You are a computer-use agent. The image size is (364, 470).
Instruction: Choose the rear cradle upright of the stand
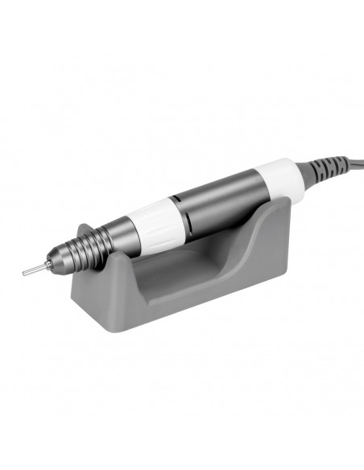click(270, 217)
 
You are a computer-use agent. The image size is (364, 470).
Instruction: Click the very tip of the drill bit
click(23, 272)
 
